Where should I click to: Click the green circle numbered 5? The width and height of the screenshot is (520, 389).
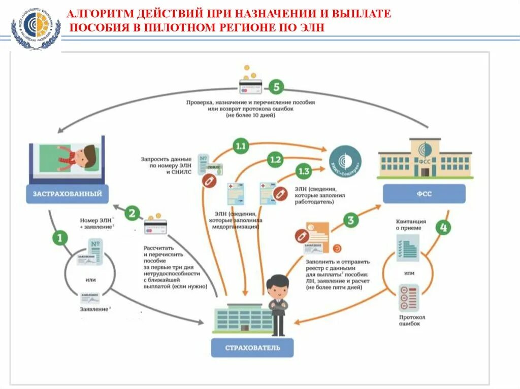point(276,87)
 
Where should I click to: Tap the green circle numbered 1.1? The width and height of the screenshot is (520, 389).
point(240,147)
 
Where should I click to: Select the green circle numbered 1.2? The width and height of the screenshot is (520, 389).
point(275,160)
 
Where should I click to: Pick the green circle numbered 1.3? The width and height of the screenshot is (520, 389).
point(303,171)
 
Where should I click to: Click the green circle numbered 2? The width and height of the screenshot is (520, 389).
point(133,213)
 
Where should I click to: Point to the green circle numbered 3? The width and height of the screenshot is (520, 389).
point(351,220)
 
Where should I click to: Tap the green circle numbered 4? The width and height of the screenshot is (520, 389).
point(443,228)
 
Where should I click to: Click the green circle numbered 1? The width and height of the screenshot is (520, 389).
point(60,237)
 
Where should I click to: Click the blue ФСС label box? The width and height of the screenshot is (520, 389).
point(424,193)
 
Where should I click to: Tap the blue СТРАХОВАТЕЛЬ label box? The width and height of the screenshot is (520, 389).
point(252,348)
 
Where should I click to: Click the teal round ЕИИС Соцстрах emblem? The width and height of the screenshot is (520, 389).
point(347,160)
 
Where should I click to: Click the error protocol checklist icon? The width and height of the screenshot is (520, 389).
point(409,298)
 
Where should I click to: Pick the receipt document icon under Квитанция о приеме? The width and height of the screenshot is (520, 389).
point(408,249)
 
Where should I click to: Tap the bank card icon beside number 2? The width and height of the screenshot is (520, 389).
point(155,226)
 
